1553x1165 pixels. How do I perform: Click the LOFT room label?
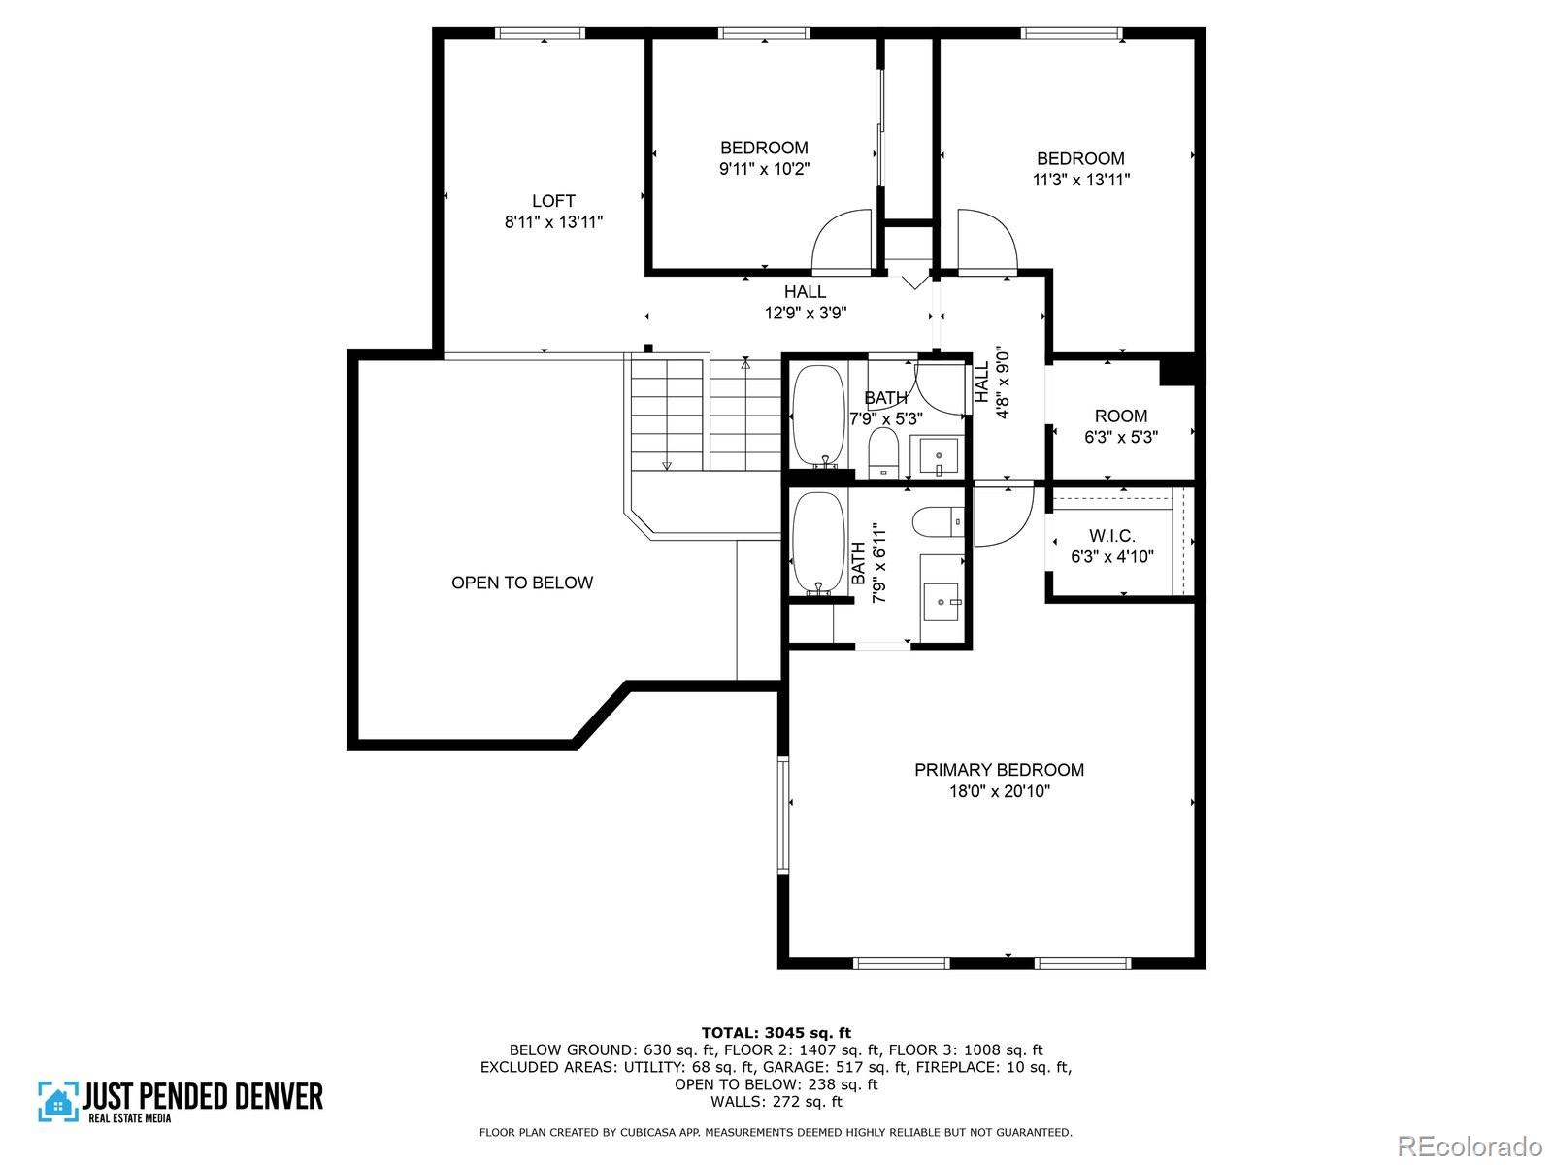tap(553, 201)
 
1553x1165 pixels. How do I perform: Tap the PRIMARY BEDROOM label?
tap(999, 770)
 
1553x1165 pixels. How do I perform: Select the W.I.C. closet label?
tap(1111, 536)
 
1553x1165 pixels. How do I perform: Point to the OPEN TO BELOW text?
tap(522, 582)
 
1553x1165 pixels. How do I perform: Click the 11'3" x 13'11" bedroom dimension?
tap(1081, 180)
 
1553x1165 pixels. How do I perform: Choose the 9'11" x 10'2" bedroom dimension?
tap(764, 169)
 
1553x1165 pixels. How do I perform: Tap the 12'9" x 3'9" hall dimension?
tap(806, 313)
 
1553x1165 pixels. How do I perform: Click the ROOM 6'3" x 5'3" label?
tap(1121, 426)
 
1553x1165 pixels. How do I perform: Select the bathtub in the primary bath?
tap(818, 544)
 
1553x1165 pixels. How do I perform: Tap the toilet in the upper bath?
tap(883, 452)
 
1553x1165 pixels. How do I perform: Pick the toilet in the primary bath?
tap(939, 522)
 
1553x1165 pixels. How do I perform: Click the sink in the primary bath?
tap(941, 601)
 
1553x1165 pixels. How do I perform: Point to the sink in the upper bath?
tap(939, 456)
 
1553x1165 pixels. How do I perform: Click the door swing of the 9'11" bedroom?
tap(842, 241)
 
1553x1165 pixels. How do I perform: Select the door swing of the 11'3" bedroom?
tap(988, 241)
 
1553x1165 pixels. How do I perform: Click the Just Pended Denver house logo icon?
tap(58, 1101)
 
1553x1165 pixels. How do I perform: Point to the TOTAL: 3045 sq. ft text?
tap(776, 1033)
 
